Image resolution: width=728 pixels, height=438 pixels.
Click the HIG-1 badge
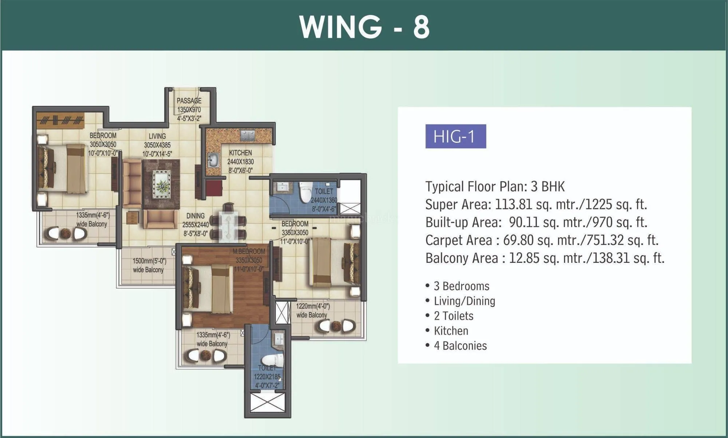(455, 137)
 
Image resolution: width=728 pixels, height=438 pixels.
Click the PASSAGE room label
(189, 101)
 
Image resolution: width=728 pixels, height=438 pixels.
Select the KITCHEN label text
(240, 153)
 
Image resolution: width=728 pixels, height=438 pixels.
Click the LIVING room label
(157, 136)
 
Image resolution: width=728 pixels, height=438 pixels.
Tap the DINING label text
(195, 216)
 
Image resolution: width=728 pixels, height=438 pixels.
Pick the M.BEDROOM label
(249, 252)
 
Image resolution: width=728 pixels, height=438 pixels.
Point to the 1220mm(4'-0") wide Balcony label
(312, 311)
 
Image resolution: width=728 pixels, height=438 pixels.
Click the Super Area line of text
(536, 205)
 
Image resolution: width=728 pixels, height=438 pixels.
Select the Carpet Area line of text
(542, 240)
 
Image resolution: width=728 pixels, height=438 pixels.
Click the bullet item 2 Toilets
(453, 316)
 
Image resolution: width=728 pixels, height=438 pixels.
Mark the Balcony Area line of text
(545, 258)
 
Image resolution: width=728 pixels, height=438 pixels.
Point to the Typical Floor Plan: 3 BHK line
(495, 187)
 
